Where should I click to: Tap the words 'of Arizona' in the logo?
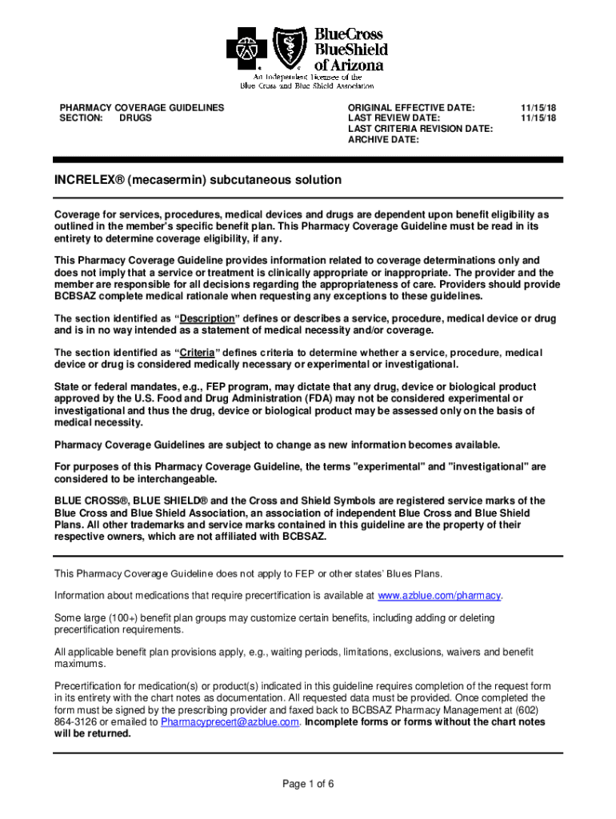pyautogui.click(x=350, y=65)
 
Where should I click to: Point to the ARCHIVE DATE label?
pyautogui.click(x=383, y=139)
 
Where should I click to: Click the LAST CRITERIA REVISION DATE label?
pyautogui.click(x=420, y=129)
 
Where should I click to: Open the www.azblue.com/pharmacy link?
pyautogui.click(x=439, y=596)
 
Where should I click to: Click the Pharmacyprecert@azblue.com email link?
pyautogui.click(x=230, y=721)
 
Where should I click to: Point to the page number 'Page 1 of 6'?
pyautogui.click(x=308, y=784)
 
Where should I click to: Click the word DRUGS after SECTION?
pyautogui.click(x=135, y=118)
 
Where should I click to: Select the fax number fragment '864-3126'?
pyautogui.click(x=74, y=721)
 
